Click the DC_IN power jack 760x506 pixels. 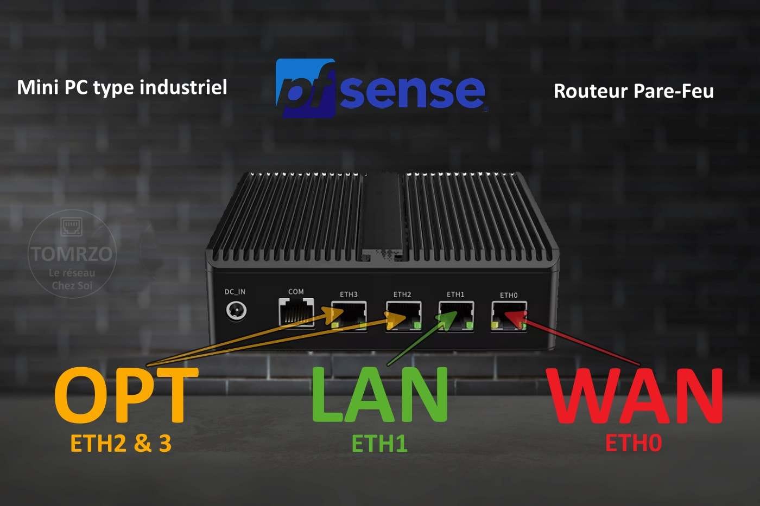tap(236, 311)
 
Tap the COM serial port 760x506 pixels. tap(296, 312)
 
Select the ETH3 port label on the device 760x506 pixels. tap(349, 294)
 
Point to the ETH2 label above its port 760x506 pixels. tap(402, 294)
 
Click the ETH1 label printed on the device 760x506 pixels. tap(455, 294)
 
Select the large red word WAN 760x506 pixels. tap(634, 396)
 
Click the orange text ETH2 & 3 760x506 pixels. tap(121, 443)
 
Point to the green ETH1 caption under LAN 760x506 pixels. tap(379, 443)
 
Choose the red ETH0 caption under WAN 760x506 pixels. tap(634, 443)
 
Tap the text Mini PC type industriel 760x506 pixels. tap(122, 87)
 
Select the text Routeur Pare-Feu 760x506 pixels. tap(634, 91)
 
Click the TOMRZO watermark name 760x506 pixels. tap(72, 253)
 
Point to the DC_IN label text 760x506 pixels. tap(235, 292)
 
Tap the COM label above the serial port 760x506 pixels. tap(296, 292)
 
